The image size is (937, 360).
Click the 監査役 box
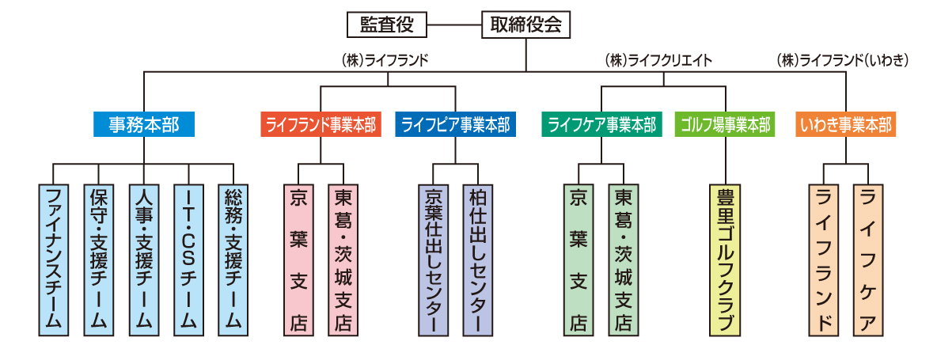[x=388, y=25]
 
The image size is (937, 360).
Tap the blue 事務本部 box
[x=142, y=124]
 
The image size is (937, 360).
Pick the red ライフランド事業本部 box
[x=321, y=124]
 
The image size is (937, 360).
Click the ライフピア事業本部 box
[x=455, y=124]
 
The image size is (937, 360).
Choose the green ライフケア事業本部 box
[x=601, y=124]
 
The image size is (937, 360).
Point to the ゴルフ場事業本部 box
[x=724, y=124]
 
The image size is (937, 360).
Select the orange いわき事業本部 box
[x=846, y=124]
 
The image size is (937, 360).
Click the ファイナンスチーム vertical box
[x=53, y=258]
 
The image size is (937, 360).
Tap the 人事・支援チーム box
[x=143, y=258]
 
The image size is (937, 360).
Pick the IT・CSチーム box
[x=188, y=258]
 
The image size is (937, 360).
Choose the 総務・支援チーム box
[x=233, y=258]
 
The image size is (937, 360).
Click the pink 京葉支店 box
[x=298, y=258]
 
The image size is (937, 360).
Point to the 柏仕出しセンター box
[x=477, y=258]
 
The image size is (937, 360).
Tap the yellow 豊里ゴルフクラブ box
[x=724, y=258]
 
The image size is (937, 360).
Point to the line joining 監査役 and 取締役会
[x=454, y=25]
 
